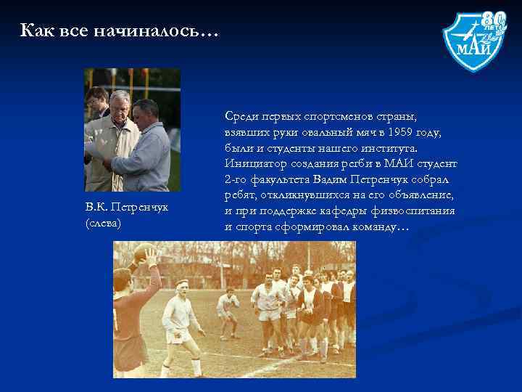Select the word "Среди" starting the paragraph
pos(242,116)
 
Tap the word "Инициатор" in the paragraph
pos(255,163)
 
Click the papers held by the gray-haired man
pos(94,149)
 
